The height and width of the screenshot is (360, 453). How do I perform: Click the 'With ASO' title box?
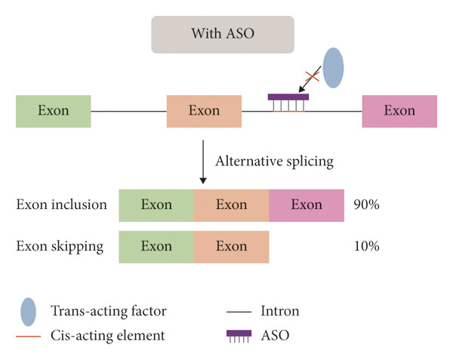[x=223, y=35]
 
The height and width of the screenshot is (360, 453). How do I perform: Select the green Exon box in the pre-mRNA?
[x=54, y=112]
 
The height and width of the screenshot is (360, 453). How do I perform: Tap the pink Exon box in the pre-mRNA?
[x=399, y=112]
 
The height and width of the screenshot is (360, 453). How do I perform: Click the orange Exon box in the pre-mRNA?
[x=205, y=112]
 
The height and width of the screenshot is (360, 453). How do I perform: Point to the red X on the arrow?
[x=313, y=76]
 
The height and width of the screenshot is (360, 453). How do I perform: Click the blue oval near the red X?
[x=333, y=68]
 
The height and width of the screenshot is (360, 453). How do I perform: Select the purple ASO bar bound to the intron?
[x=288, y=97]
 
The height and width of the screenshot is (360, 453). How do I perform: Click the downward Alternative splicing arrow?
[x=203, y=162]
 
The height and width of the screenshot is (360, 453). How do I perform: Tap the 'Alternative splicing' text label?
[x=275, y=162]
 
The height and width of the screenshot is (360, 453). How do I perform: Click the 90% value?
[x=367, y=205]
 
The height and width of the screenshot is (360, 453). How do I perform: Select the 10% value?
[x=367, y=246]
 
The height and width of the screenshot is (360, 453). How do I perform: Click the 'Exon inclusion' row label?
[x=62, y=205]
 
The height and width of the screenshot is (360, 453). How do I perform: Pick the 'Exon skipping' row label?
[x=60, y=247]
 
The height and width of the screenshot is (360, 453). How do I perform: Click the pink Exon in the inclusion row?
[x=307, y=205]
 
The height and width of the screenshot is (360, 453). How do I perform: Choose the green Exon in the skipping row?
[x=156, y=247]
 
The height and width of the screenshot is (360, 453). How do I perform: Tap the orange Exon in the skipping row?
[x=232, y=247]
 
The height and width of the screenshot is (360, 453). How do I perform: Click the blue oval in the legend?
[x=29, y=312]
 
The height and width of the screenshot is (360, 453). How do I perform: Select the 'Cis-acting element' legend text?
[x=108, y=335]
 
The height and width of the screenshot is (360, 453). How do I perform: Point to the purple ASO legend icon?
[x=239, y=336]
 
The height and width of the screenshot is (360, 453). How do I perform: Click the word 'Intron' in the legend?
[x=280, y=311]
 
